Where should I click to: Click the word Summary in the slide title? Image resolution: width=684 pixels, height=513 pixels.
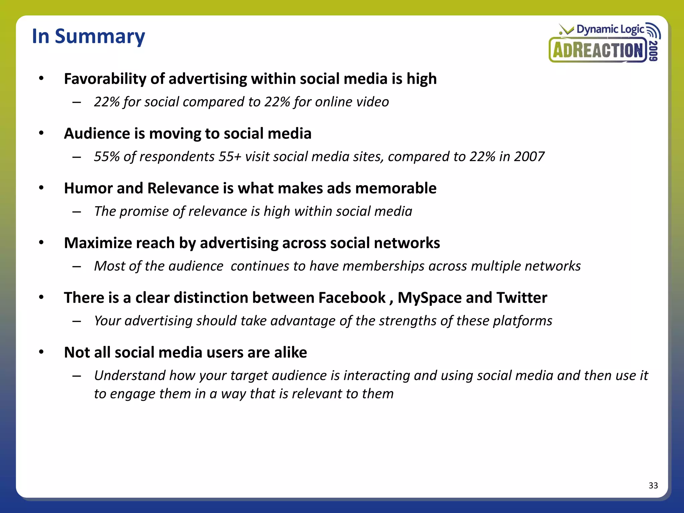(100, 37)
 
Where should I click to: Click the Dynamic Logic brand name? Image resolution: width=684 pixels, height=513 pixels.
(610, 29)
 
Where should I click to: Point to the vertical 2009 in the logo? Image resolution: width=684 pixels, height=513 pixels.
(654, 51)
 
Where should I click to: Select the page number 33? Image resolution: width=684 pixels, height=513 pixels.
(653, 485)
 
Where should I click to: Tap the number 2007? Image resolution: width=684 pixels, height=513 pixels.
(529, 157)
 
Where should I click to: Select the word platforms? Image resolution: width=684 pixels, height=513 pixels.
(522, 321)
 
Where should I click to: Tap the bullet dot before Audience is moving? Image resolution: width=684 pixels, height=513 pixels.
(41, 133)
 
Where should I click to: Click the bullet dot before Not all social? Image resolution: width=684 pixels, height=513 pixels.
(41, 352)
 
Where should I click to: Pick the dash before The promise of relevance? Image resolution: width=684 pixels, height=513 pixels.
(77, 212)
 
